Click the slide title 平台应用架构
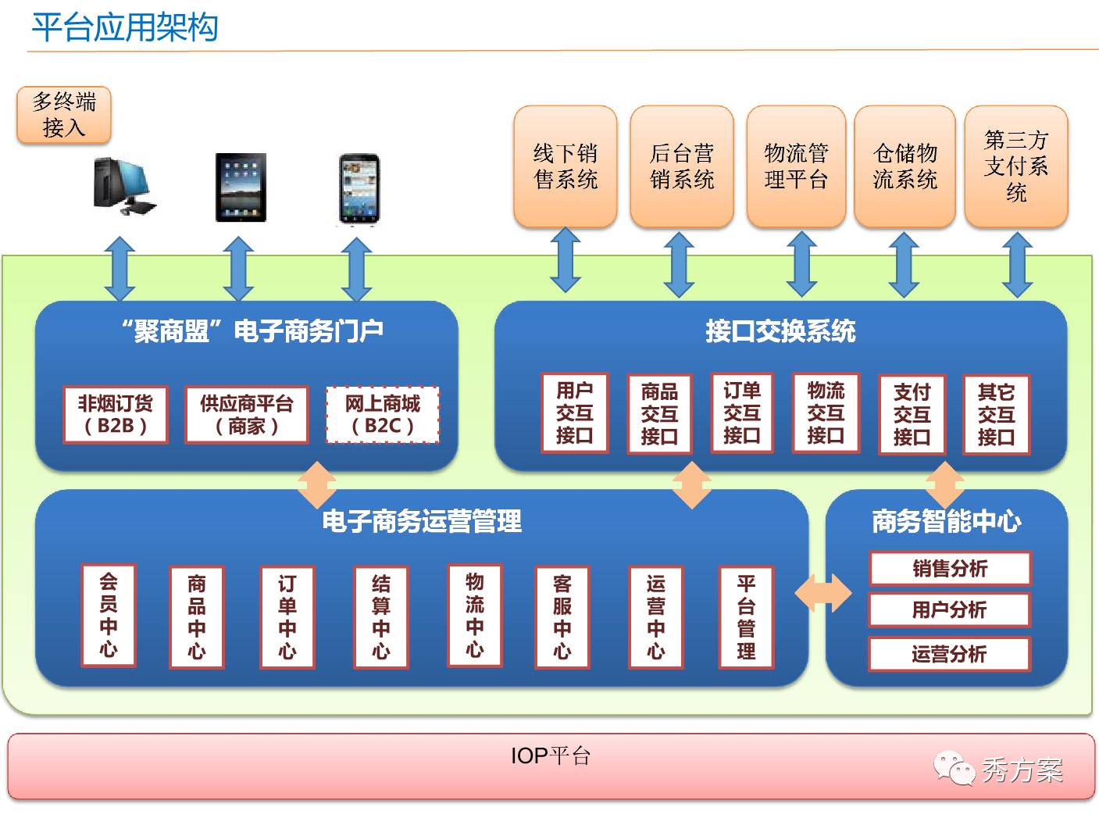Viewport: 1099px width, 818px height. (124, 28)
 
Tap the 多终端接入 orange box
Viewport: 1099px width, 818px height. (64, 115)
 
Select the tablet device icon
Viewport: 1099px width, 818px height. (240, 188)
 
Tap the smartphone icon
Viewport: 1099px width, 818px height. (359, 190)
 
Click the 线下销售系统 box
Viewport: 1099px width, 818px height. (566, 166)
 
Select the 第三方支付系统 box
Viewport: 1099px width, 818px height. (1015, 166)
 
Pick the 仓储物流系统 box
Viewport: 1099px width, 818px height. (905, 166)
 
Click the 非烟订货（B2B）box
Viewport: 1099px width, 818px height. (116, 415)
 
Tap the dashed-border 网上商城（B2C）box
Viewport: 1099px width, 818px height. (382, 415)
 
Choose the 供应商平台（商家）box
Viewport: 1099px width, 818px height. (246, 415)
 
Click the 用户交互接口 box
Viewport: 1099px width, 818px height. (575, 413)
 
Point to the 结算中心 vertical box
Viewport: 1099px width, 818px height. (380, 617)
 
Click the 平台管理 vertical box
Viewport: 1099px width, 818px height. (746, 617)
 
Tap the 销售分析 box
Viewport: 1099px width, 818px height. (949, 569)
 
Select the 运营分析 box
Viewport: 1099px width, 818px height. (949, 654)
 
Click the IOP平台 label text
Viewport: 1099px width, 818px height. (550, 756)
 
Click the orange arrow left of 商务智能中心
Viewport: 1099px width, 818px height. (822, 593)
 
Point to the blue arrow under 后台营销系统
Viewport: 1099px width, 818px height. (679, 264)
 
